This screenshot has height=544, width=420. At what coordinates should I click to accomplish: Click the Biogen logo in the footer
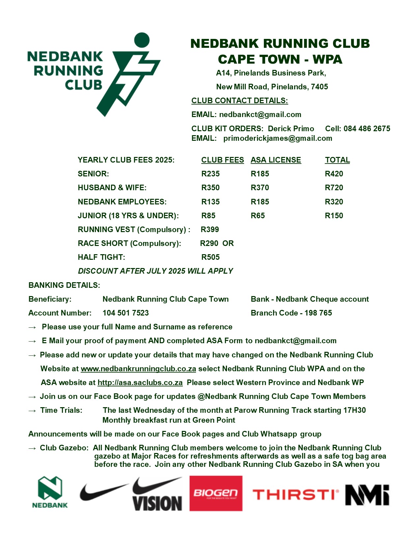pos(216,493)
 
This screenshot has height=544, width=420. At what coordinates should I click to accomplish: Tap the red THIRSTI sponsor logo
pos(295,495)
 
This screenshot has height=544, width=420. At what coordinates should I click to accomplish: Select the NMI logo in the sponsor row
pos(367,495)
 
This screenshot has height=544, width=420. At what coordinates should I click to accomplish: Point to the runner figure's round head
pos(142,40)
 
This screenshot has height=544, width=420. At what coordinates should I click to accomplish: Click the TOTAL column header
pos(337,160)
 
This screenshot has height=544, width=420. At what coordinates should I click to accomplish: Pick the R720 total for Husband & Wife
pos(334,188)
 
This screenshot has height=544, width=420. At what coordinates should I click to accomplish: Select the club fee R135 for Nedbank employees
pos(210,202)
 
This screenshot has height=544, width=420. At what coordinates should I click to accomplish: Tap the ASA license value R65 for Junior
pos(258,216)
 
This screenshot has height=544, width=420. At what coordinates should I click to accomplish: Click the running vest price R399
pos(210,229)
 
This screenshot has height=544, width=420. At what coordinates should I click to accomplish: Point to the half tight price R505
pos(210,257)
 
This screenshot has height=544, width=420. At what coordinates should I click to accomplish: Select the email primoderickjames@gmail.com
pos(278,138)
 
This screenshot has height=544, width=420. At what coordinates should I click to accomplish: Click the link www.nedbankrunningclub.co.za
pos(138,369)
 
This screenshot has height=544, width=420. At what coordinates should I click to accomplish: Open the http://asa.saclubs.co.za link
pos(140,382)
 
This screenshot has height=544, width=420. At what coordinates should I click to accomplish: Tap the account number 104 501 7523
pos(126,313)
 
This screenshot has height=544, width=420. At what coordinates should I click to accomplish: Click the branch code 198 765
pos(318,313)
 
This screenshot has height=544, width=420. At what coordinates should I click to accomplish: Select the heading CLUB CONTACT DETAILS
pos(239,101)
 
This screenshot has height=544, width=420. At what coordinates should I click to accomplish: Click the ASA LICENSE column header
pos(276,160)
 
